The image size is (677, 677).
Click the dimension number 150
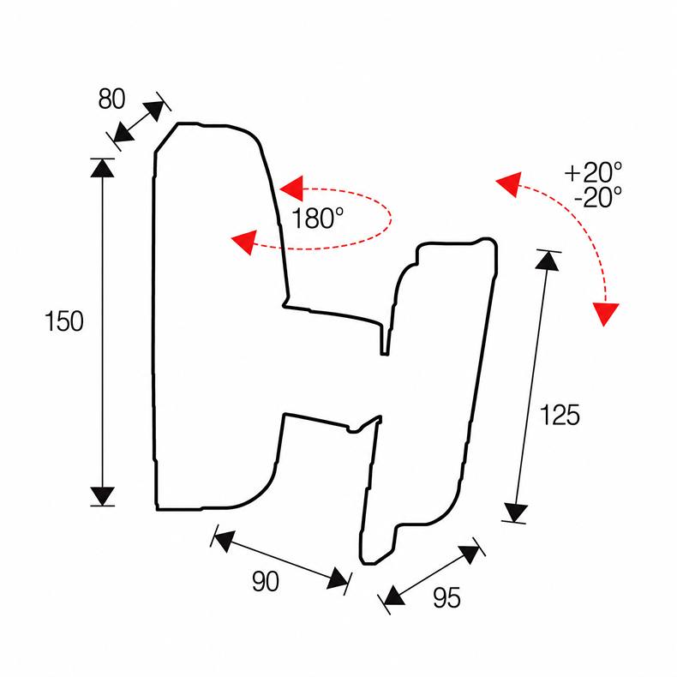point(64,321)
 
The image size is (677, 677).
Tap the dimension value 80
point(111,99)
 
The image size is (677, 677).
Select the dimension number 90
point(266,581)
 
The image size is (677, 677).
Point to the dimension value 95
point(446,598)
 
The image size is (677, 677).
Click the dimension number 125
point(560,415)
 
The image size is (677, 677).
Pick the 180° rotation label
point(318,218)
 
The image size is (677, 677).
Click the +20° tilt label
point(594,172)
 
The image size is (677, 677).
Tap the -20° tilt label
point(598,197)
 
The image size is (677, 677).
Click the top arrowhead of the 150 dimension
point(102,168)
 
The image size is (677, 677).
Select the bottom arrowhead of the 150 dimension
point(102,496)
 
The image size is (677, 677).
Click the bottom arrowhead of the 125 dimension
point(516,513)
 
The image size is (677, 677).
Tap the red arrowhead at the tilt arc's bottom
point(605,314)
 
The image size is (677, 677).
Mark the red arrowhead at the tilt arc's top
point(510,183)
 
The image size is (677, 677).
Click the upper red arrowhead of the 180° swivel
point(292,189)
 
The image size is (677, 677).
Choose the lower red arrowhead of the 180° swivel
point(245,242)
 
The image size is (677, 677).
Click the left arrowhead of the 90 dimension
point(224,541)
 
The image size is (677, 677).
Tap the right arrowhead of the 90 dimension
point(338,578)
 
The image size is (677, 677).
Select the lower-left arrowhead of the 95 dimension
point(393,596)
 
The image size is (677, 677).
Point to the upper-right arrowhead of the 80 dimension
point(153,111)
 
